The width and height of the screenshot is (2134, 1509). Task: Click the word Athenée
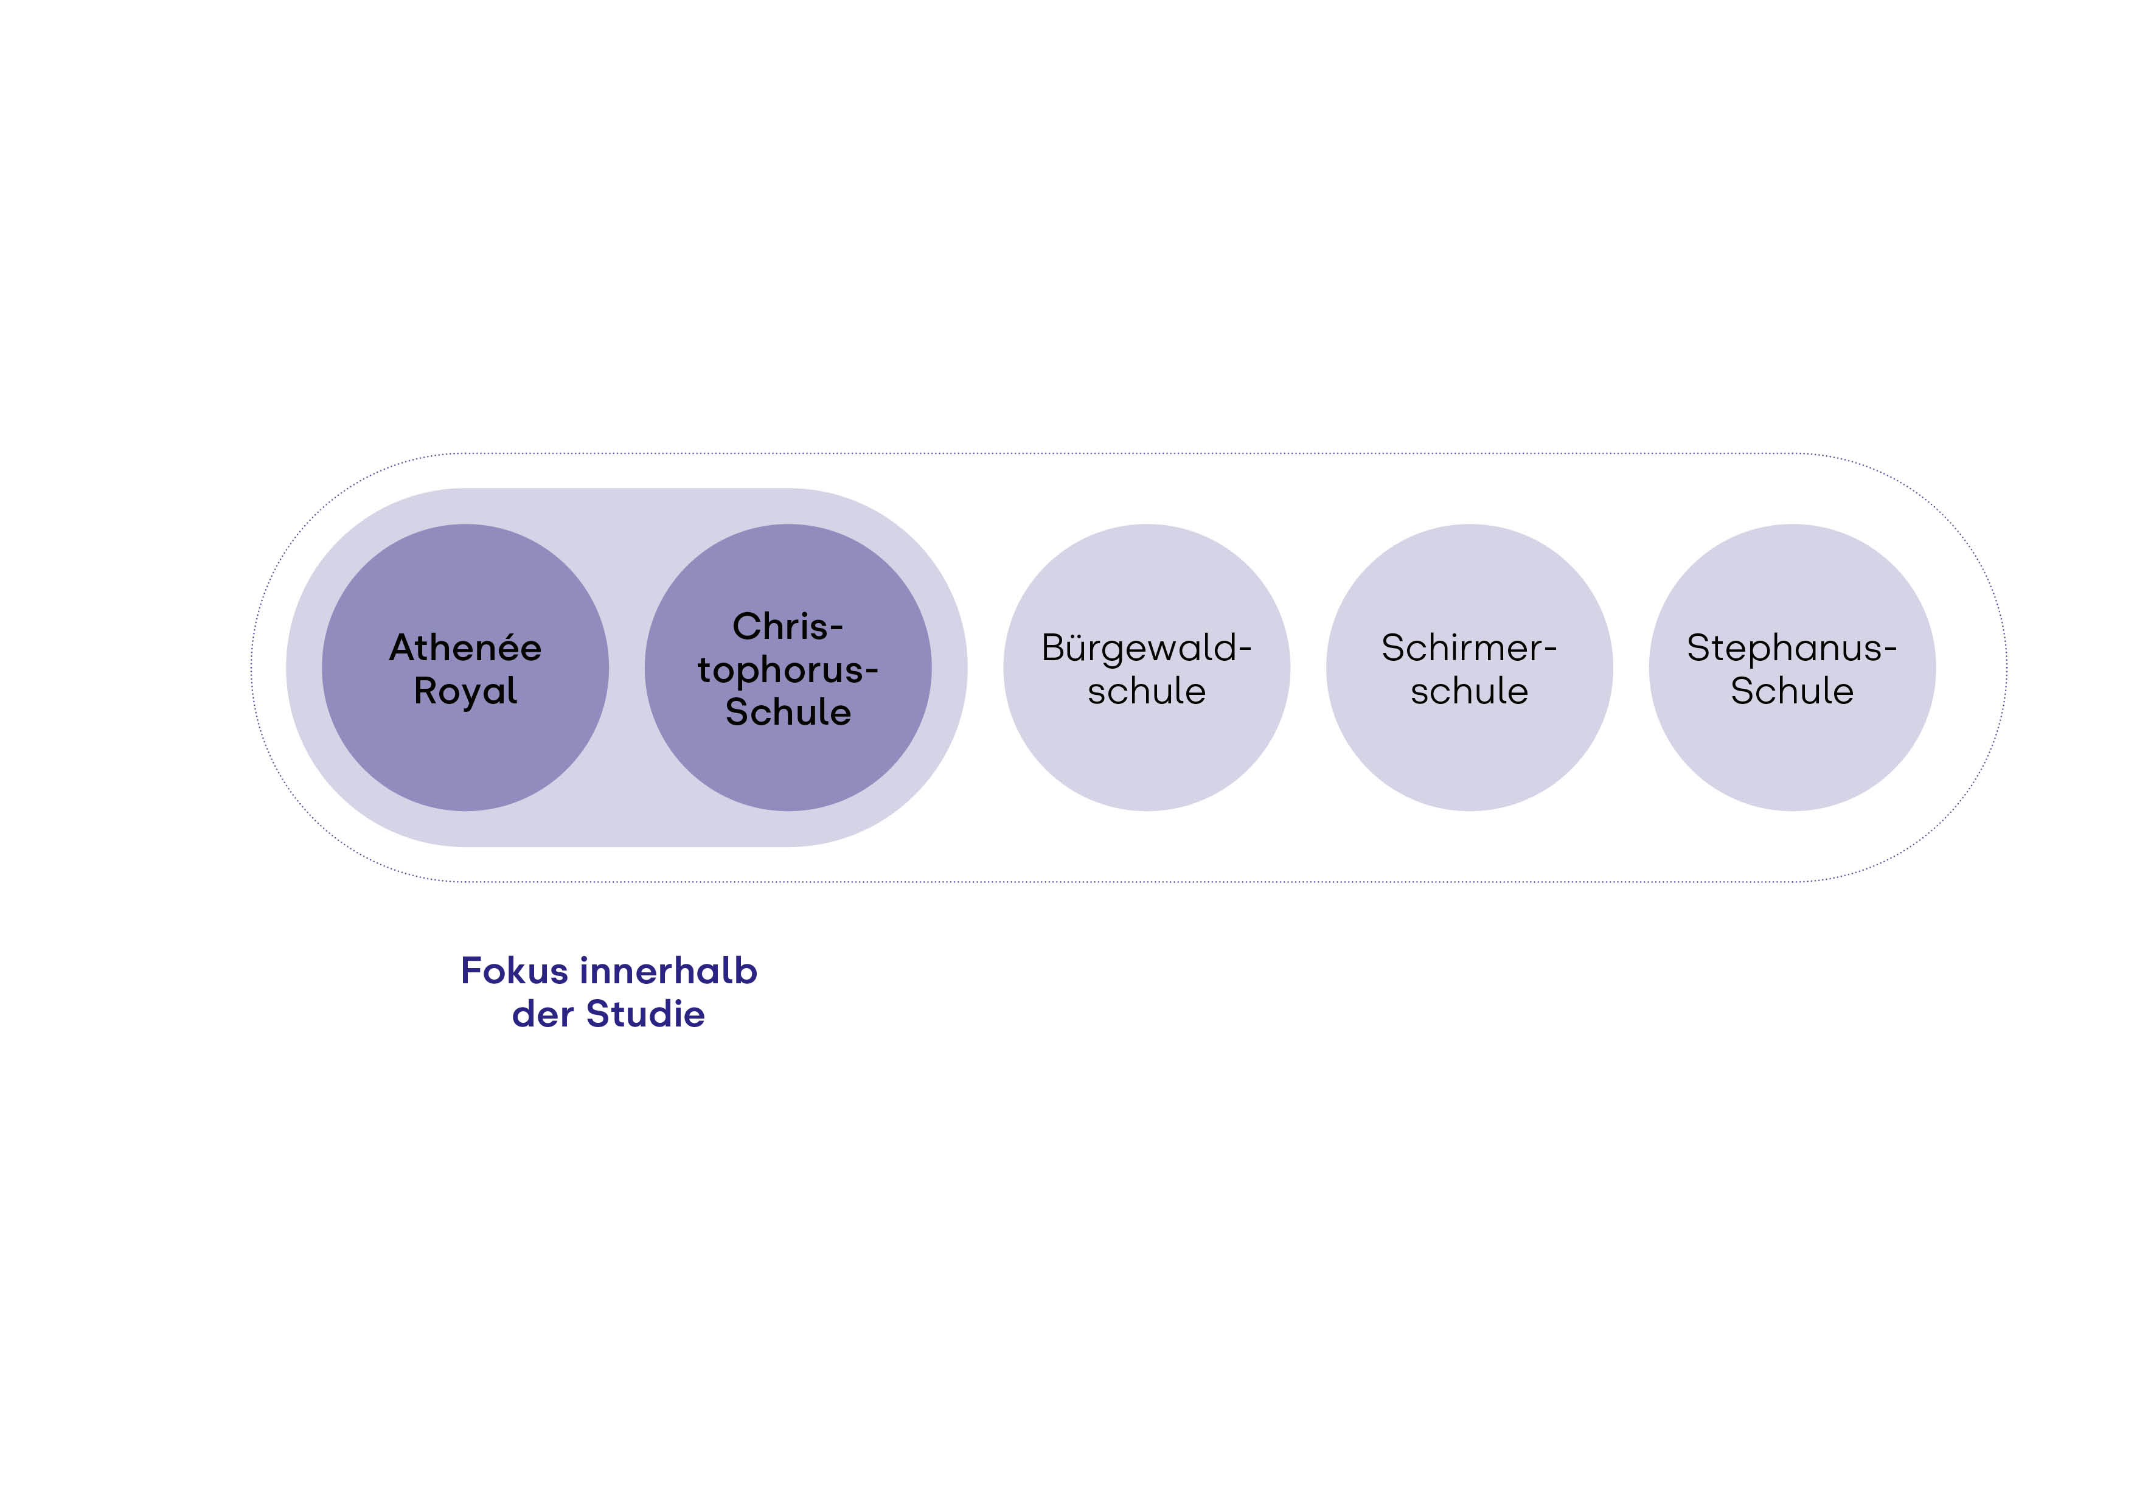click(465, 647)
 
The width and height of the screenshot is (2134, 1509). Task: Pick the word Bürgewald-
click(1146, 647)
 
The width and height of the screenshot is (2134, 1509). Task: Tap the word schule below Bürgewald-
click(1146, 691)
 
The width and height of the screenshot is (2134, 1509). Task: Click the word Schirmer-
click(1468, 647)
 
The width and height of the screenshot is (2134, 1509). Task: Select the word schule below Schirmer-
click(1468, 691)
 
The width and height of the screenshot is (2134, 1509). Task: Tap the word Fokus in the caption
click(514, 971)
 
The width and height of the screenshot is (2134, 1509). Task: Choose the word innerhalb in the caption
click(669, 971)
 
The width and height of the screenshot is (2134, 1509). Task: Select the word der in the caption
click(542, 1014)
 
